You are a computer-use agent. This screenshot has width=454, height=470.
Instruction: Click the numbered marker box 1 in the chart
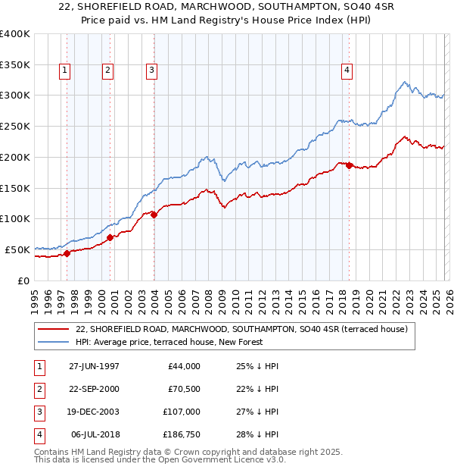point(65,70)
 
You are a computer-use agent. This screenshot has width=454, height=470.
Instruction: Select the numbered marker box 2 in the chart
point(108,70)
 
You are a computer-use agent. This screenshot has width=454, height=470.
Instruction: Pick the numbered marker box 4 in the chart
point(347,70)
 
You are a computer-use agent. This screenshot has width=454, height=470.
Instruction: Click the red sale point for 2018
point(349,165)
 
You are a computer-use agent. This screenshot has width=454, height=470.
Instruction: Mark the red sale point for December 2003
point(154,215)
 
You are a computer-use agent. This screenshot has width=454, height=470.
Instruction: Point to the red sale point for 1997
point(67,253)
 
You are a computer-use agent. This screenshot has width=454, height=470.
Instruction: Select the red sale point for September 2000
point(110,237)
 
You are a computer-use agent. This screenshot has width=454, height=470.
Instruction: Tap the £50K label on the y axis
point(18,249)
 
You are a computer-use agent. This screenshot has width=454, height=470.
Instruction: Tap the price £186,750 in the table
point(179,434)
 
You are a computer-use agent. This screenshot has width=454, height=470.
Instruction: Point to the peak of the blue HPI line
point(406,82)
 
